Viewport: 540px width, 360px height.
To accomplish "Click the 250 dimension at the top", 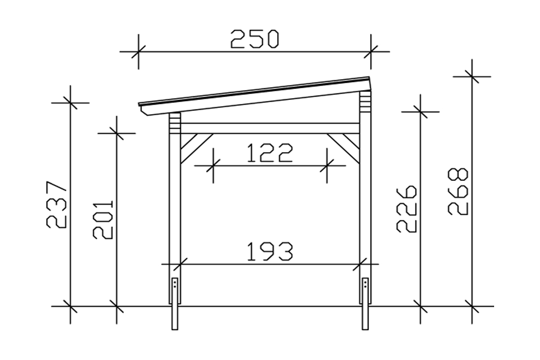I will pyautogui.click(x=255, y=39).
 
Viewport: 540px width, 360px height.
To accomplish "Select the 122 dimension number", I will pyautogui.click(x=270, y=153).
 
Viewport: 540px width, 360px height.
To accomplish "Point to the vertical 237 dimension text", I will pyautogui.click(x=58, y=205).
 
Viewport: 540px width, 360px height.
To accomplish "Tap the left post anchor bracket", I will pyautogui.click(x=175, y=290).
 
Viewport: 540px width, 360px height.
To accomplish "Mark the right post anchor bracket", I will pyautogui.click(x=366, y=290).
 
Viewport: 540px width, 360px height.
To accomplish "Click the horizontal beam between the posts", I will pyautogui.click(x=270, y=128).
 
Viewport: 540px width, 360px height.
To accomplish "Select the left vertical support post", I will pyautogui.click(x=175, y=202).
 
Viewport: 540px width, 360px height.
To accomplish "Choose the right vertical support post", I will pyautogui.click(x=365, y=202).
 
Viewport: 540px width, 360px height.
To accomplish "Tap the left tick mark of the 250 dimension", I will pyautogui.click(x=138, y=52).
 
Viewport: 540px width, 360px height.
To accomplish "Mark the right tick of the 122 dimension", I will pyautogui.click(x=327, y=166).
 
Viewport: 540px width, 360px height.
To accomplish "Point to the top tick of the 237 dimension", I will pyautogui.click(x=70, y=103).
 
